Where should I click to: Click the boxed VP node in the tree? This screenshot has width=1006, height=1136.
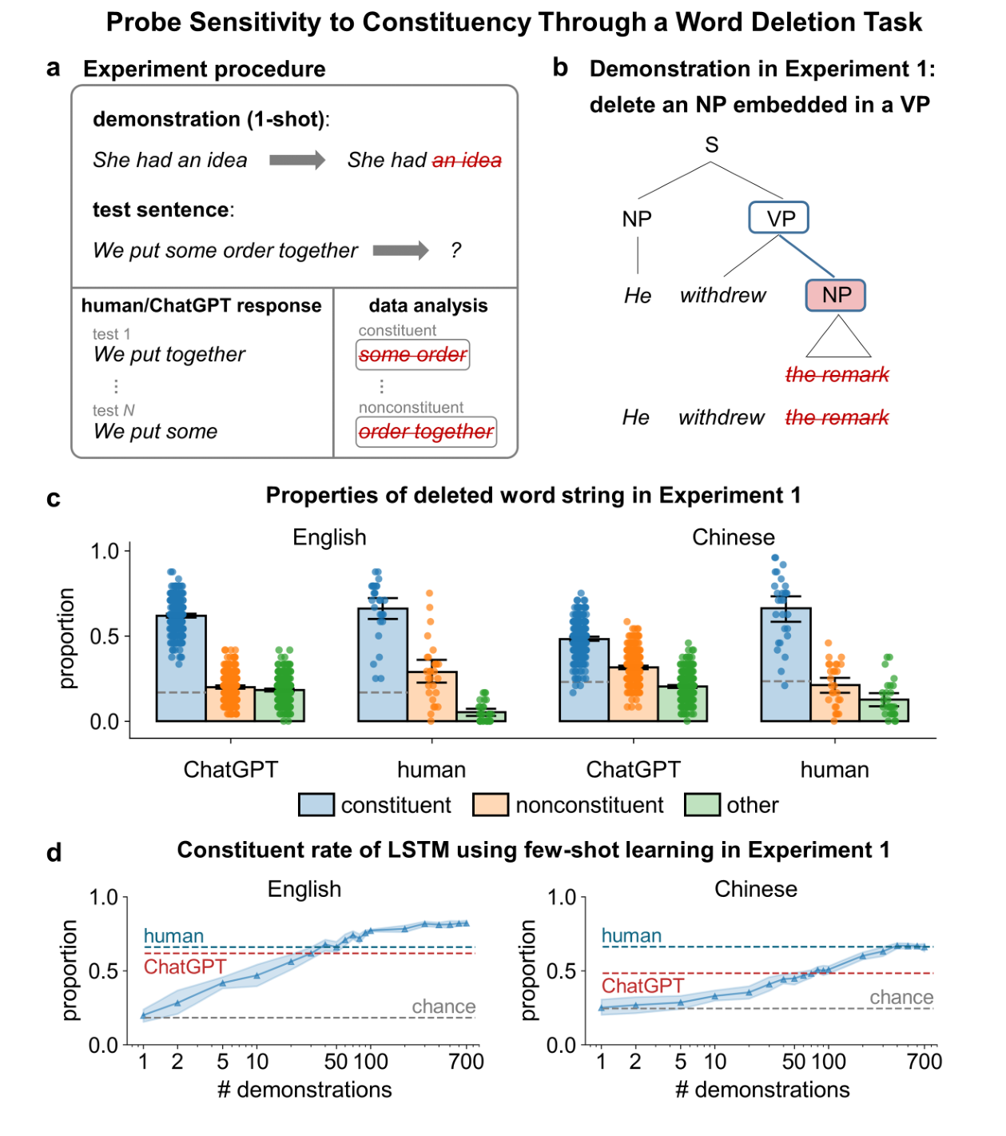pyautogui.click(x=778, y=218)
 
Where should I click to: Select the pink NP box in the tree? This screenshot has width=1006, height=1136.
pyautogui.click(x=835, y=295)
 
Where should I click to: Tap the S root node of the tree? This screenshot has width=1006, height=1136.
pyautogui.click(x=711, y=145)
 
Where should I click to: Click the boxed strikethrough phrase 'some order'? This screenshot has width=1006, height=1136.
pyautogui.click(x=412, y=355)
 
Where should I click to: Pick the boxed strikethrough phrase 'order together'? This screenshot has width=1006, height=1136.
pyautogui.click(x=426, y=432)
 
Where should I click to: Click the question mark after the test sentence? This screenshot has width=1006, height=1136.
pyautogui.click(x=455, y=250)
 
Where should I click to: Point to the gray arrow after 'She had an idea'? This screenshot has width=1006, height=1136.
pyautogui.click(x=297, y=160)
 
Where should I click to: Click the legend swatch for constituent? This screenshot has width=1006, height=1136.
pyautogui.click(x=316, y=805)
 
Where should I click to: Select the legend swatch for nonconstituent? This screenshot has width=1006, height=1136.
pyautogui.click(x=491, y=805)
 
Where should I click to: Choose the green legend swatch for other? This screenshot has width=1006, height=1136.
pyautogui.click(x=702, y=805)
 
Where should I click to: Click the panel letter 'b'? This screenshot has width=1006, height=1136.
pyautogui.click(x=560, y=68)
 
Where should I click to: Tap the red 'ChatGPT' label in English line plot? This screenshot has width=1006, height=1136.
pyautogui.click(x=185, y=967)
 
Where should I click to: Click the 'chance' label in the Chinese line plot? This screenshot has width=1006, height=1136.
pyautogui.click(x=901, y=997)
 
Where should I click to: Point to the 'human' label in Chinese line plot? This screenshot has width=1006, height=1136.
pyautogui.click(x=631, y=935)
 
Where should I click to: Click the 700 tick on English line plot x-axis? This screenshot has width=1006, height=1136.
pyautogui.click(x=466, y=1062)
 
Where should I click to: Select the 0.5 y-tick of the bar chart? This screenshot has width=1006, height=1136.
pyautogui.click(x=104, y=636)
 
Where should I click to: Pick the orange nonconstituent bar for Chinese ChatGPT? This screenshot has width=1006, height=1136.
pyautogui.click(x=633, y=694)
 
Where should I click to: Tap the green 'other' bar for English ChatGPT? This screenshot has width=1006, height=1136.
pyautogui.click(x=280, y=705)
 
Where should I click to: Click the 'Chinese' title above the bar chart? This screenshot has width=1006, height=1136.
pyautogui.click(x=733, y=537)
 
